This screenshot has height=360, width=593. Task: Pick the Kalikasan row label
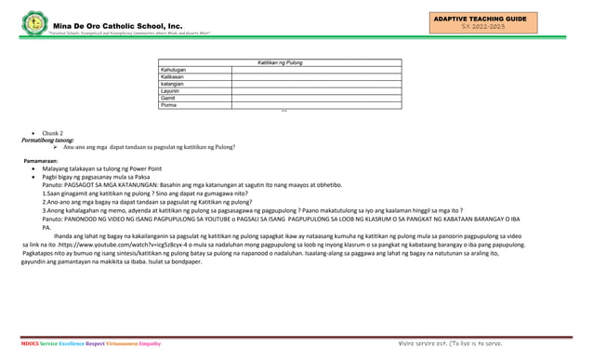174,76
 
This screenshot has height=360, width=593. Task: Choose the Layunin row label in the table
172,90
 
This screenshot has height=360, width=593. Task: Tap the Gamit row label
169,98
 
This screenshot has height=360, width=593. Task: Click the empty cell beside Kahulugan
316,70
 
